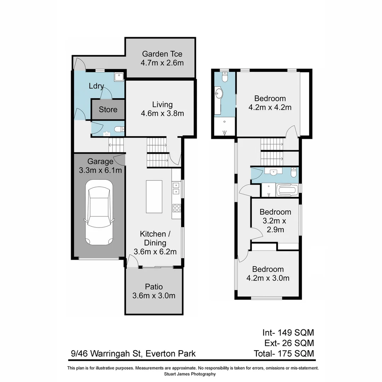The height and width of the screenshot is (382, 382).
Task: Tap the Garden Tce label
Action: tap(162, 54)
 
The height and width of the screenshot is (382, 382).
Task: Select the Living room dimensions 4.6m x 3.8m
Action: tap(162, 114)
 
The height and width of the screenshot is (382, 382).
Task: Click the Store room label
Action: tap(108, 110)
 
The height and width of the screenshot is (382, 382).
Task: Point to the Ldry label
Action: tap(96, 86)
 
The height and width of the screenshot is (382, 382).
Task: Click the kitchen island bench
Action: tap(154, 196)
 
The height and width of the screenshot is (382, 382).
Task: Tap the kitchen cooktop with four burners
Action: tap(176, 208)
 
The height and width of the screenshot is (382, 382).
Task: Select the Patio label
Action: tap(154, 286)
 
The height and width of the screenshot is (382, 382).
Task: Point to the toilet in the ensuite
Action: tap(224, 77)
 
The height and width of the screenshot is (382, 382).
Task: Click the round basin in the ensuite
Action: tap(219, 94)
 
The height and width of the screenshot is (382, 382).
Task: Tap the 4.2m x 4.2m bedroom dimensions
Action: tap(270, 107)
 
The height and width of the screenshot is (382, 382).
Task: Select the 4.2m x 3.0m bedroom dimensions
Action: tap(268, 278)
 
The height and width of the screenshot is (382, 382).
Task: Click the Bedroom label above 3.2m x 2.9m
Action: tap(275, 212)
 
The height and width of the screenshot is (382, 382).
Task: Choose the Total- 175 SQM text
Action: tap(284, 353)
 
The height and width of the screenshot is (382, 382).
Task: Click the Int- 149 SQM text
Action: tap(288, 332)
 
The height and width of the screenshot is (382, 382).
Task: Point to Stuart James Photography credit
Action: tap(190, 374)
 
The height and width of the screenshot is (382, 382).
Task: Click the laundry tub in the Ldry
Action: tap(118, 76)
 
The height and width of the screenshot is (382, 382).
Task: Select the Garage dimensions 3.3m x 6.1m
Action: tap(100, 170)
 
